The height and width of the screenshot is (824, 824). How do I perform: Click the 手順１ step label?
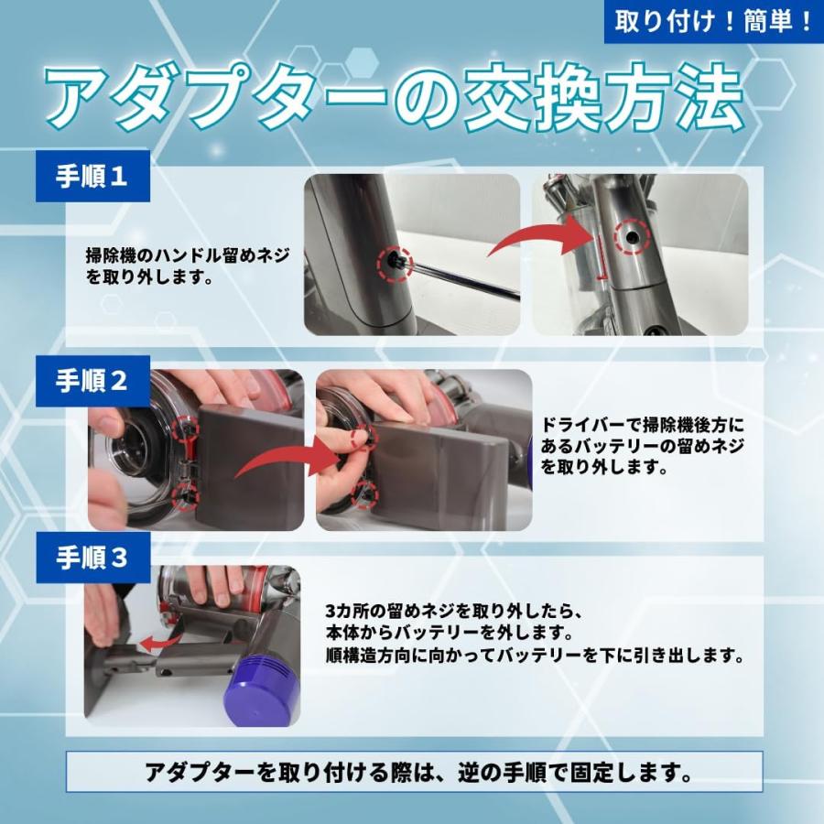pyautogui.click(x=92, y=176)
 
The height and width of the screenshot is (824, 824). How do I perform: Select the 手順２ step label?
pyautogui.click(x=92, y=381)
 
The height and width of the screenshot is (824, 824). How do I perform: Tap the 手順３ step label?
pyautogui.click(x=92, y=557)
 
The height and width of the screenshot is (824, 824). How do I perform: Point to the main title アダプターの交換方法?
pyautogui.click(x=394, y=99)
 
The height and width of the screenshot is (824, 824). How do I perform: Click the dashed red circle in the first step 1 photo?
pyautogui.click(x=395, y=263)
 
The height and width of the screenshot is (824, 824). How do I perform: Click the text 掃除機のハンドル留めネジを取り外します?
pyautogui.click(x=187, y=266)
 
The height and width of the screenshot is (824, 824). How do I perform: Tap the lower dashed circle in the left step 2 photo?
pyautogui.click(x=186, y=495)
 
